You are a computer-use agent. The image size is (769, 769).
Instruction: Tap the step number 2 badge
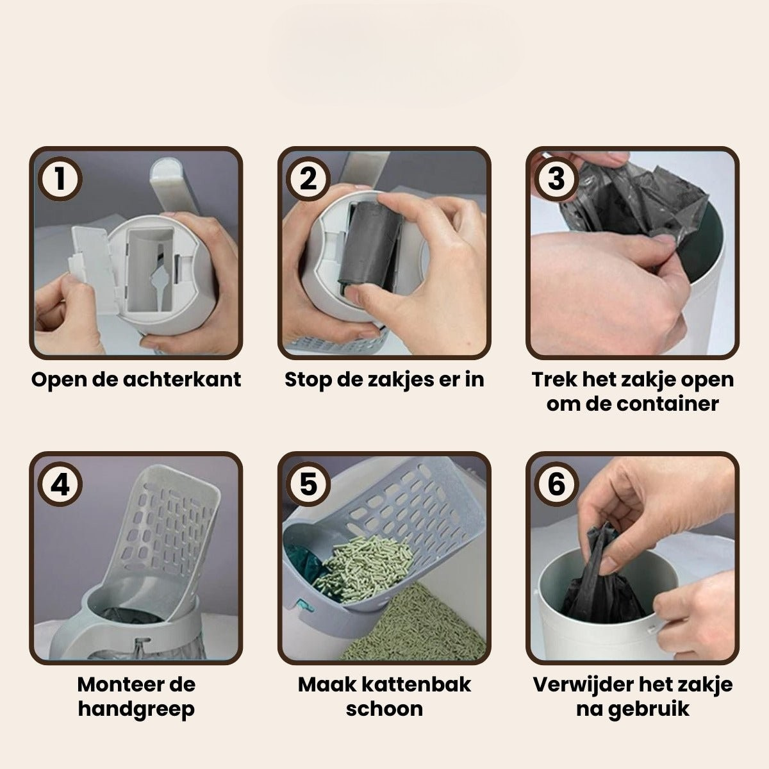coord(308,179)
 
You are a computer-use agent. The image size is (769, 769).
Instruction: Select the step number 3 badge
coord(556,179)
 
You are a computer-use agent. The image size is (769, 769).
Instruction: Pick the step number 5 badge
coord(308,484)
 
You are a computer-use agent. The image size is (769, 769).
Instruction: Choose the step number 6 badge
coord(556,484)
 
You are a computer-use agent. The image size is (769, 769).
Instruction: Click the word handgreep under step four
coord(136,709)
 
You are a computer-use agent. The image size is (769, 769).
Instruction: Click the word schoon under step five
coord(384,709)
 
